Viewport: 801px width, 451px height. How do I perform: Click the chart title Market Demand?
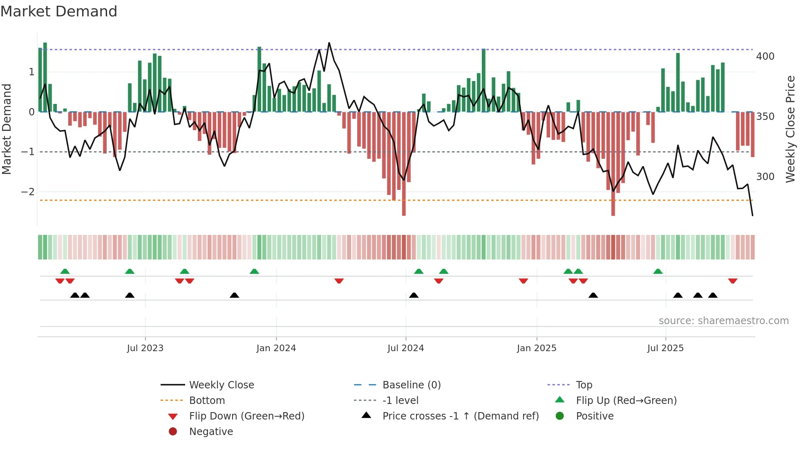(59, 11)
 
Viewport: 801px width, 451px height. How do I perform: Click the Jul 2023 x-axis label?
(145, 348)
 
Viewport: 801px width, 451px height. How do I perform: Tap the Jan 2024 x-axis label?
(276, 348)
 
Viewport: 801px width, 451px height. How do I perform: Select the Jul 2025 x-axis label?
(665, 348)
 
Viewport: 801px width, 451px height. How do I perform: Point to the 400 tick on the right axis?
(765, 56)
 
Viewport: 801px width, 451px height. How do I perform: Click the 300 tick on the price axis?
(765, 177)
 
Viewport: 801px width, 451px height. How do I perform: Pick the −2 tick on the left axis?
(28, 192)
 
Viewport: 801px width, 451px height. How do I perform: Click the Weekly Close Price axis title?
(790, 129)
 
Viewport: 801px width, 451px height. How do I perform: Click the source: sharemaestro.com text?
(723, 321)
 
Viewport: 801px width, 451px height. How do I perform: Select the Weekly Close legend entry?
(221, 385)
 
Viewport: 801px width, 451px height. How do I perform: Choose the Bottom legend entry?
(207, 401)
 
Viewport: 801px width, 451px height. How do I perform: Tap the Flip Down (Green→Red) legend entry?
(246, 416)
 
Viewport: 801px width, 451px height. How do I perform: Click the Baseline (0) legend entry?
(411, 385)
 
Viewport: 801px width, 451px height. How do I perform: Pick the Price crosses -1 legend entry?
(460, 416)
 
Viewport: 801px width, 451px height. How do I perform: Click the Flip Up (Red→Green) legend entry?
(626, 401)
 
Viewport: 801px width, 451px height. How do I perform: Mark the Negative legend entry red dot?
(173, 432)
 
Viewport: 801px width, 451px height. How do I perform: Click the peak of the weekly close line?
(329, 43)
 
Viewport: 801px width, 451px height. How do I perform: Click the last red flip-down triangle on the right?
(732, 281)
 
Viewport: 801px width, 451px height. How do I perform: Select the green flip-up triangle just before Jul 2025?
(658, 271)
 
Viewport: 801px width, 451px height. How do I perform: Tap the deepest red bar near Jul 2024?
(404, 205)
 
